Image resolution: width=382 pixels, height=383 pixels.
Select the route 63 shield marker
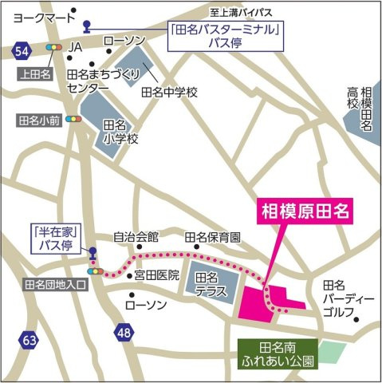(30, 341)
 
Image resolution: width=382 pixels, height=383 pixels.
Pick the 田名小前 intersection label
(38, 120)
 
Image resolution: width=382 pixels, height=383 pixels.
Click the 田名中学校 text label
(169, 93)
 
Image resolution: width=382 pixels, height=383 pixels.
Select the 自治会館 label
(136, 237)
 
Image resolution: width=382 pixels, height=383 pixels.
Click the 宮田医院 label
(157, 276)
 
